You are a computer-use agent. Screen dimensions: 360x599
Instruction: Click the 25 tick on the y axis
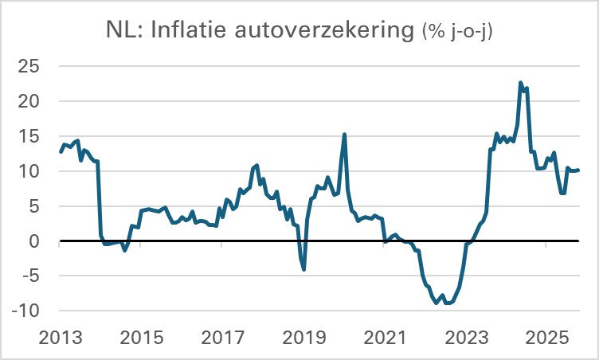coord(29,66)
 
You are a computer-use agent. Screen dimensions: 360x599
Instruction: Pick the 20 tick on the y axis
coord(29,101)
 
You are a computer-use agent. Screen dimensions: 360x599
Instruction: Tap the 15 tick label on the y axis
coord(29,136)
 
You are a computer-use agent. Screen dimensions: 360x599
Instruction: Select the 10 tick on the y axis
coord(29,171)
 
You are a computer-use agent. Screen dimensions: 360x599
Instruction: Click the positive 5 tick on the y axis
coord(35,206)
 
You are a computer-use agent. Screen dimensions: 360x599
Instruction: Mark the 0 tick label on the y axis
coord(35,241)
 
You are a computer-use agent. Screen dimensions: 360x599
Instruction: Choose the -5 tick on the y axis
coord(31,276)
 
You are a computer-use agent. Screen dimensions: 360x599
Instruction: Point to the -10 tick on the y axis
coord(26,311)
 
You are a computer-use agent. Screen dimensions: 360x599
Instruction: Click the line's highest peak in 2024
coord(520,83)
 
